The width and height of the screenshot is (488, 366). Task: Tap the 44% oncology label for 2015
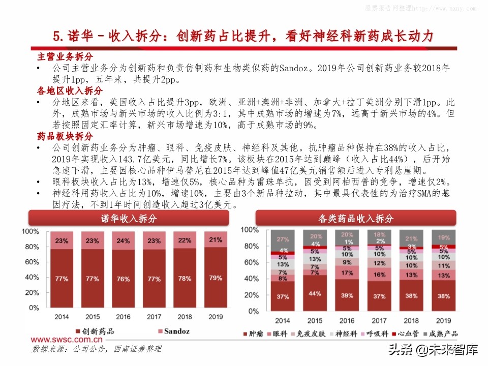[x=315, y=293]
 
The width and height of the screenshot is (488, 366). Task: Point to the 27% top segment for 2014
[x=283, y=239]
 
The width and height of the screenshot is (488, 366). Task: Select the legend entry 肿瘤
[x=256, y=334]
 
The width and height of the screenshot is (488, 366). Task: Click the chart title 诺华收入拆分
[x=129, y=219]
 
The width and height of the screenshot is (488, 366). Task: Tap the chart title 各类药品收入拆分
[x=356, y=219]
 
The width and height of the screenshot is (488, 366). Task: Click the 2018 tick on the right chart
[x=411, y=320]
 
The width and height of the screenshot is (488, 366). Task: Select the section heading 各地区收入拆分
[x=70, y=90]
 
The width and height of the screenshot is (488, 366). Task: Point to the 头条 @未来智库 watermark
[x=433, y=350]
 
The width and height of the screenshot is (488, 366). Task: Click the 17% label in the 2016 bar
[x=347, y=272]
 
